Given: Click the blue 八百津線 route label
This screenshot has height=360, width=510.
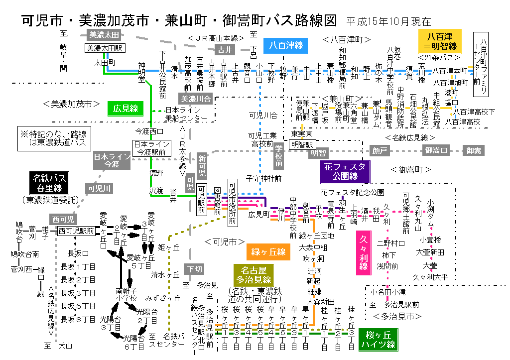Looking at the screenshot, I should click(286, 45).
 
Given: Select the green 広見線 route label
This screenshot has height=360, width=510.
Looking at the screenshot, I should click(126, 108).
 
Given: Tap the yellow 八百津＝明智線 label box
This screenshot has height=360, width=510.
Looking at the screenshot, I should click(440, 41).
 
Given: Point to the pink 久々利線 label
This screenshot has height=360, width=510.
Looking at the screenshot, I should click(364, 252).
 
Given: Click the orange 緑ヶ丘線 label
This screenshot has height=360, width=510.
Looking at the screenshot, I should click(268, 252).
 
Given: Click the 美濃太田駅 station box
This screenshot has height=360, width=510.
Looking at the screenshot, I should click(104, 48).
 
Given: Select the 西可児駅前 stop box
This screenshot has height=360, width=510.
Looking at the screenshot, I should click(76, 231).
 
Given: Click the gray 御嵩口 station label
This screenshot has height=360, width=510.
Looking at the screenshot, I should click(437, 150).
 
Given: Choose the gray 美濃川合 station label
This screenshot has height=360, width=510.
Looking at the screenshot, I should click(196, 99).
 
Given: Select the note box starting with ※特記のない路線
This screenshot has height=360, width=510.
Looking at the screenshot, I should click(53, 138).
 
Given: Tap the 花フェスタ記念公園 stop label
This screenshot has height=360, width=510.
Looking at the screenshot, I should click(352, 192).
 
